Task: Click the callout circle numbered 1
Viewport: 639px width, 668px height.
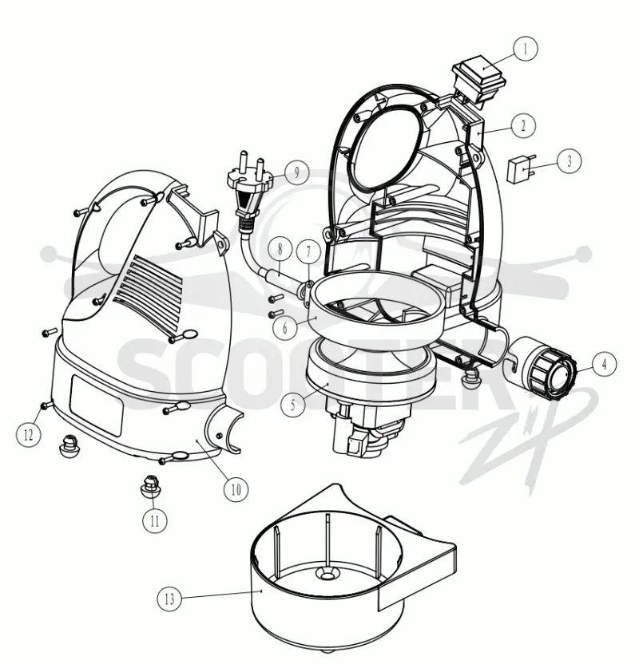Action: click(x=526, y=49)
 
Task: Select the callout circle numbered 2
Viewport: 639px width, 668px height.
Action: click(x=522, y=125)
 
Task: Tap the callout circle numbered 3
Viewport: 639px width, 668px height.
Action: click(x=569, y=160)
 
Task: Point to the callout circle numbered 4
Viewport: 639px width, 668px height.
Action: click(x=604, y=364)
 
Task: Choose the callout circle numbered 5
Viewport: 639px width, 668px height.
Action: click(x=293, y=405)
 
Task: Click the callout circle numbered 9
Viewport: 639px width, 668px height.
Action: click(x=296, y=172)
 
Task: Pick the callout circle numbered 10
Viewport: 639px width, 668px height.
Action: click(x=236, y=489)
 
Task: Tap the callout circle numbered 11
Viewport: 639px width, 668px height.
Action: click(x=154, y=520)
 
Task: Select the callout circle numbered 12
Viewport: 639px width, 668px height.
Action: click(x=29, y=435)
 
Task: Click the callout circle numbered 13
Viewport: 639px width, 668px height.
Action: click(x=169, y=599)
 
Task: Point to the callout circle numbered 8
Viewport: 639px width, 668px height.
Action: click(x=280, y=249)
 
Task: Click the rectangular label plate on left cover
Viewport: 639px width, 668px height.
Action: click(x=97, y=405)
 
